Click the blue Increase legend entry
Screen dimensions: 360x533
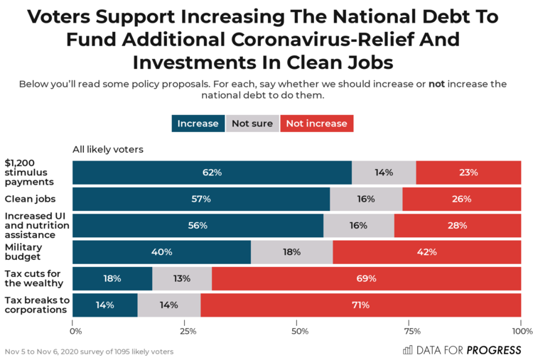click(198, 124)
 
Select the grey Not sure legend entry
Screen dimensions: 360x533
click(252, 124)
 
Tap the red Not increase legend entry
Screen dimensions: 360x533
click(317, 124)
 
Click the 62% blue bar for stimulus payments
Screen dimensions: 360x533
click(212, 173)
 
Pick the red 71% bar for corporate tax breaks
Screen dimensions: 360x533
click(361, 305)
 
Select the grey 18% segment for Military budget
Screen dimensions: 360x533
click(291, 252)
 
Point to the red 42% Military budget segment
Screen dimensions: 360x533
click(426, 252)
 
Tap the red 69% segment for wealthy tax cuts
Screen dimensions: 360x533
click(366, 278)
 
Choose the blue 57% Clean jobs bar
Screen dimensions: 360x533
click(201, 199)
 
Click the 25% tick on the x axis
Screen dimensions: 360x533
click(188, 331)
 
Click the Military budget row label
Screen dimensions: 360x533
click(24, 252)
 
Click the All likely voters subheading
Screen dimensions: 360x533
click(108, 149)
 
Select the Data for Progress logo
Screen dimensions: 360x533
click(462, 349)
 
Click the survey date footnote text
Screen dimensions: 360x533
click(89, 351)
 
